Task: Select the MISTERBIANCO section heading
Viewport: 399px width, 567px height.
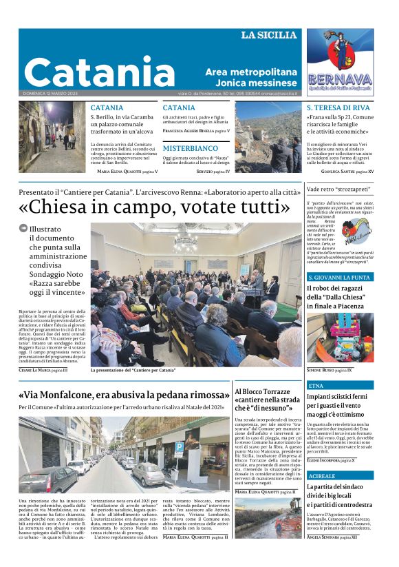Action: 190,148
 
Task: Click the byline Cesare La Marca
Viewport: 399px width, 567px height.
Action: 43,370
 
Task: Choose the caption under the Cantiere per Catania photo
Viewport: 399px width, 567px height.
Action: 133,371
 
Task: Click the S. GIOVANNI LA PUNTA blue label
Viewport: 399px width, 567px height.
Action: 338,277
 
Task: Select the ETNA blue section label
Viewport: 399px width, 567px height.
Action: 316,386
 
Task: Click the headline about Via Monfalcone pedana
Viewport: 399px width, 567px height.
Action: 124,396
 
